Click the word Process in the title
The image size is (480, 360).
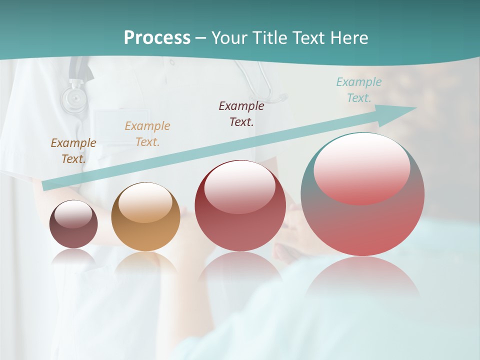157,37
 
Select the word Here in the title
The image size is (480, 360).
349,37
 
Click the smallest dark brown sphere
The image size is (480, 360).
73,235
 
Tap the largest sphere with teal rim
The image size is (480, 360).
362,225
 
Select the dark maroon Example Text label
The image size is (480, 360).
241,113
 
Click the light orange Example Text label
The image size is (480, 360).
147,133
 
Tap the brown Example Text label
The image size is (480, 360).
73,150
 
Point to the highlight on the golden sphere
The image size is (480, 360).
145,201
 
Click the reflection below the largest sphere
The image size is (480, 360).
362,277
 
